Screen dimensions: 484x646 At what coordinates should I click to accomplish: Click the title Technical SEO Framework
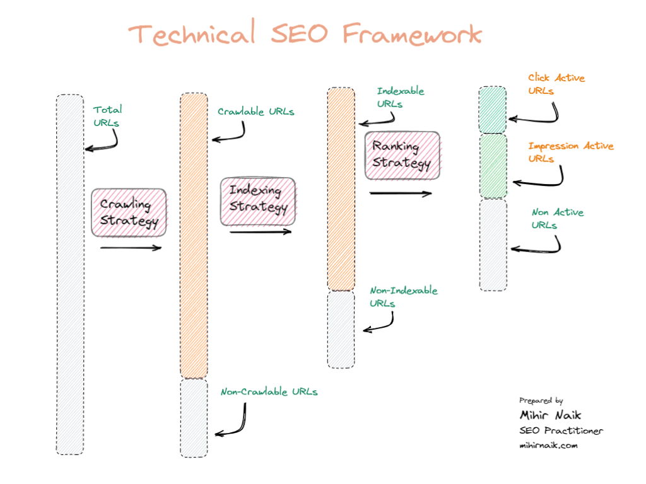306,33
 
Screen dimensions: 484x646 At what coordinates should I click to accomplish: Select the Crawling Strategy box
129,212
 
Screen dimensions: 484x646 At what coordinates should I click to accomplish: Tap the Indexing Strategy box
257,201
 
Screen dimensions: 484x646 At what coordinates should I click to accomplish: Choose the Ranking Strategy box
402,155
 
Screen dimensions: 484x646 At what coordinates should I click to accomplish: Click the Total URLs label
107,116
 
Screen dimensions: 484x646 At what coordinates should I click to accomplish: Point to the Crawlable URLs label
255,112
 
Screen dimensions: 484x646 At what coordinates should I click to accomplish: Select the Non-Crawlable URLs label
269,392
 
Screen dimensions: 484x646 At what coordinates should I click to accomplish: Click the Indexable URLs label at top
400,97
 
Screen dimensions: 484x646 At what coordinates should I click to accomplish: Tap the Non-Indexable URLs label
402,297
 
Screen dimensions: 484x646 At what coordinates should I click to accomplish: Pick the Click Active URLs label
556,84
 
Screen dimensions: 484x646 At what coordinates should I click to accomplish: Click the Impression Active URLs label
570,152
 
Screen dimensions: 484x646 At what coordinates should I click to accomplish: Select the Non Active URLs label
557,218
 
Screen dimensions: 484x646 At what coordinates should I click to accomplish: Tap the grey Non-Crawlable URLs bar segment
194,417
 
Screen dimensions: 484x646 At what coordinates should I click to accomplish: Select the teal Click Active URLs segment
493,110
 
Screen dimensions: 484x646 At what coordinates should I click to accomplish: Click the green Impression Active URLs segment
493,166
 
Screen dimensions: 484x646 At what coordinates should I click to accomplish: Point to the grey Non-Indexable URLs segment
341,328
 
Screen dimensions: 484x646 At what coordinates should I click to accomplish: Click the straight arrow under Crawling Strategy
131,248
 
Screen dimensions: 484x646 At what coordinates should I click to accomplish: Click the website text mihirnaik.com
548,445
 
